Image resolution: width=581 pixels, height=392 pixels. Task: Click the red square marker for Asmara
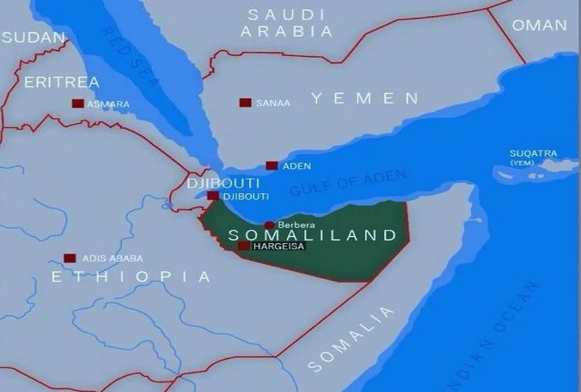(x=77, y=104)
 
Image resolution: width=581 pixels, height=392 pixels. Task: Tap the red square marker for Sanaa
(x=245, y=103)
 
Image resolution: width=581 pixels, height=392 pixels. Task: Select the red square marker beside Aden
(x=272, y=166)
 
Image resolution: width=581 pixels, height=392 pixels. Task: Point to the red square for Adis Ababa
(x=70, y=258)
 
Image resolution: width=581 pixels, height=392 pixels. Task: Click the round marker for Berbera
(x=270, y=225)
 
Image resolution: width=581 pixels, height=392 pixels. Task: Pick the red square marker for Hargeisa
(x=243, y=246)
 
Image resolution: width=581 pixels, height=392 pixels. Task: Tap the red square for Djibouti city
(x=212, y=196)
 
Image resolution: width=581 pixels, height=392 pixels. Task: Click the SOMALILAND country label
(x=312, y=236)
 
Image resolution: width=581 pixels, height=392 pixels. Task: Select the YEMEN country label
(x=364, y=98)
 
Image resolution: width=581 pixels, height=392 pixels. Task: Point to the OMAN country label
(x=539, y=25)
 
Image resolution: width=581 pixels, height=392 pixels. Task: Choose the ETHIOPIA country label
(x=131, y=277)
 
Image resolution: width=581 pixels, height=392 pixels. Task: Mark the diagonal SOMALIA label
(x=351, y=339)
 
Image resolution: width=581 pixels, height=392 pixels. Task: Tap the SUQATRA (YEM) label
(x=533, y=157)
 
